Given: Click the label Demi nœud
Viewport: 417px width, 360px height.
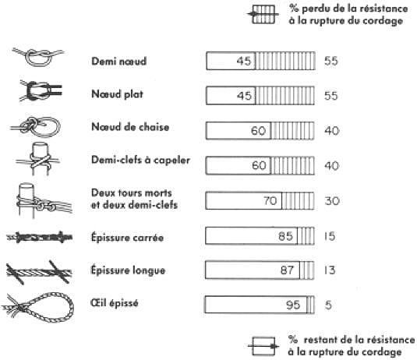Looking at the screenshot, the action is pos(119,61).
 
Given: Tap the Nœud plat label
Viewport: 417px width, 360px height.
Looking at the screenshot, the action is pos(117,94).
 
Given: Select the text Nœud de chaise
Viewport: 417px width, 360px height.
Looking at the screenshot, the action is pos(130,127).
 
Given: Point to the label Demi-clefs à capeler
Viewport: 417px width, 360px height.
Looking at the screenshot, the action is pos(140,160).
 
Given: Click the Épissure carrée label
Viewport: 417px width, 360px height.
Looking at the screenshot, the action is pos(127,238).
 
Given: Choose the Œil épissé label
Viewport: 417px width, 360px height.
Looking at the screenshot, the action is pos(115,303).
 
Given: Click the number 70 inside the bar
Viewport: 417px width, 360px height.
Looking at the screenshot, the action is pos(270,201).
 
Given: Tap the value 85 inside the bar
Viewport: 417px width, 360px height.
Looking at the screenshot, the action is pos(285,236).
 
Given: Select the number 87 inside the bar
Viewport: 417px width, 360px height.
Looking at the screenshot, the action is pos(287,270).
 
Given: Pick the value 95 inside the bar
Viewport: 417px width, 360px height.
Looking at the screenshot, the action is pos(293,305).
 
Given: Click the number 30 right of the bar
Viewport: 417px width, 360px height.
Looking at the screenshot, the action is pos(332,201).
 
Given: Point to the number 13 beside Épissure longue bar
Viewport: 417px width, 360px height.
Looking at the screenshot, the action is pos(330,270).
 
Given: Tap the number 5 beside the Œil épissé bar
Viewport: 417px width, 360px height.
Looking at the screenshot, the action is pos(328,305).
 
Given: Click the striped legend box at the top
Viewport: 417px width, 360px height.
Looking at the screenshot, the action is pos(263,14).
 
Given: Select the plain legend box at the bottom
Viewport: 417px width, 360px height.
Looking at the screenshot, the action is pos(263,346).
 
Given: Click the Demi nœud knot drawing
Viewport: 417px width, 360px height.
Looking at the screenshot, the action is pos(38,57).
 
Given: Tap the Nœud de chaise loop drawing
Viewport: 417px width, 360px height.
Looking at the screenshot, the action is pos(35,127).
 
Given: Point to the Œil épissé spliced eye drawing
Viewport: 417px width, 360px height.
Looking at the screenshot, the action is pos(37,307).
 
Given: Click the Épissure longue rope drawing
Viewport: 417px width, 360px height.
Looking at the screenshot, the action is pos(39,272).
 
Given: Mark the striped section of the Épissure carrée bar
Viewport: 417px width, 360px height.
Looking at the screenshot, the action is pos(306,236).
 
